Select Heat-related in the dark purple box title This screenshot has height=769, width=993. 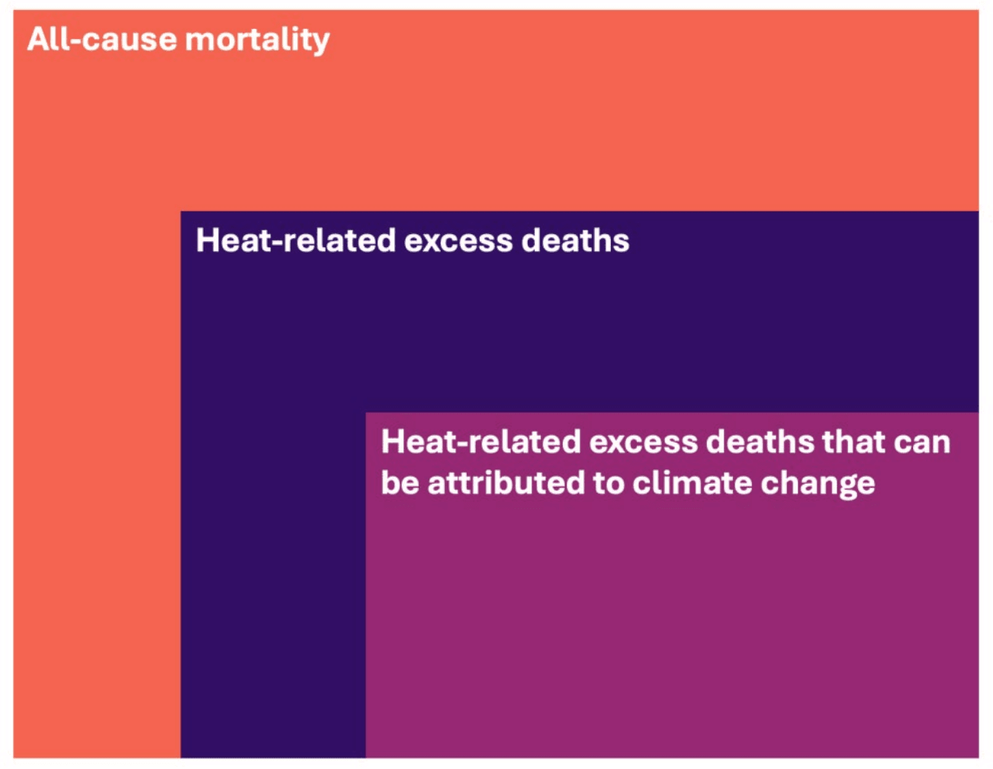pos(296,240)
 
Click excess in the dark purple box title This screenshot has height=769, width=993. pos(458,243)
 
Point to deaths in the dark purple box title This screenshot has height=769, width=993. pos(575,240)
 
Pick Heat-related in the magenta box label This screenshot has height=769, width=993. pos(480,442)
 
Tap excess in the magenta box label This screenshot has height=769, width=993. pos(644,445)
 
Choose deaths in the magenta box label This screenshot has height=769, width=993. pos(760,442)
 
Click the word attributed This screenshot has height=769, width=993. pos(506,482)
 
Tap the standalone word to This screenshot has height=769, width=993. pos(609,484)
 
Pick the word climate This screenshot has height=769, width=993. pos(693,482)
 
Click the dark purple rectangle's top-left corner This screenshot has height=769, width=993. pos(181,211)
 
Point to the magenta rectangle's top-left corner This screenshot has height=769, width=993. pos(366,413)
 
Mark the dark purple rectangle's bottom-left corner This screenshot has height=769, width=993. pos(181,758)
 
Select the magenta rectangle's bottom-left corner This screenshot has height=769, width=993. pos(366,758)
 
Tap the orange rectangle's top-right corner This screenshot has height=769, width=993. pos(979,10)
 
